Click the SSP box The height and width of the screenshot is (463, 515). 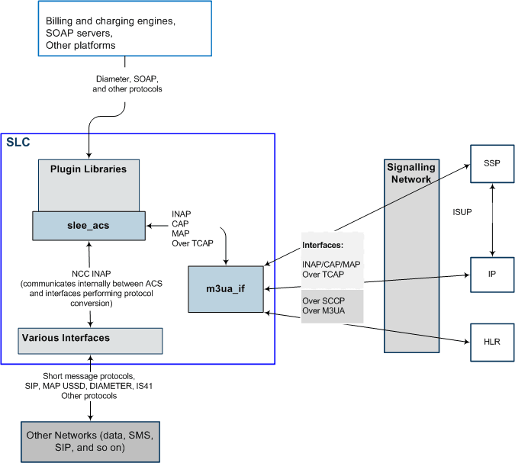tap(491, 163)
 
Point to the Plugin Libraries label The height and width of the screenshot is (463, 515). tap(89, 169)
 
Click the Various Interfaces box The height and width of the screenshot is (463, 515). tap(90, 340)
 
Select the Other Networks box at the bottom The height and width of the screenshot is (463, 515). tap(90, 441)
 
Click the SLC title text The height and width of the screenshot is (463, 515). tap(18, 143)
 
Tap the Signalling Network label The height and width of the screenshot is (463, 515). tap(411, 173)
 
